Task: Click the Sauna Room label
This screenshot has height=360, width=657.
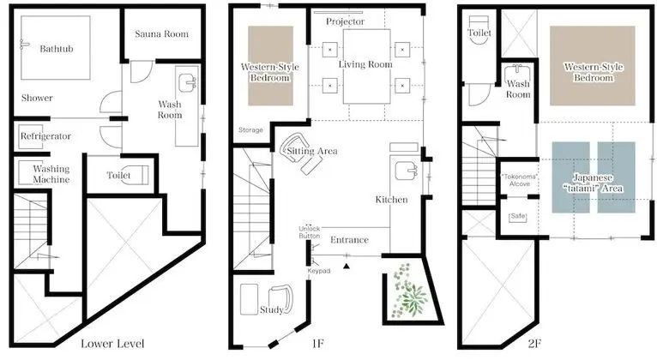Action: pyautogui.click(x=162, y=34)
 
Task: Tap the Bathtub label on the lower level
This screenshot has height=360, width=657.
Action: pyautogui.click(x=57, y=49)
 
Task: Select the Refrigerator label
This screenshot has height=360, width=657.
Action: pyautogui.click(x=45, y=136)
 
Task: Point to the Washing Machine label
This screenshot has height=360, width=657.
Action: pyautogui.click(x=51, y=174)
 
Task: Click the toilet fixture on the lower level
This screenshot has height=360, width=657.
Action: pyautogui.click(x=138, y=175)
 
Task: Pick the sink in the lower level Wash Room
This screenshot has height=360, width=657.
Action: pyautogui.click(x=187, y=83)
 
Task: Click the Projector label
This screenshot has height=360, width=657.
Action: pyautogui.click(x=346, y=21)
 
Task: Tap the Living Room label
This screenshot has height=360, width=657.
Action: pyautogui.click(x=365, y=64)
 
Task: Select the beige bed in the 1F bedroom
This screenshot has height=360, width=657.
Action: pyautogui.click(x=271, y=66)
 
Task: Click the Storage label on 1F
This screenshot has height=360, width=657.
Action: pyautogui.click(x=251, y=130)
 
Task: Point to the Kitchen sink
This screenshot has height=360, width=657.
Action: pyautogui.click(x=405, y=171)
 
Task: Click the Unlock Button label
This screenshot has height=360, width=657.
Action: pyautogui.click(x=310, y=232)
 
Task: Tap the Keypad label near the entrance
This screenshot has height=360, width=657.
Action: pyautogui.click(x=319, y=271)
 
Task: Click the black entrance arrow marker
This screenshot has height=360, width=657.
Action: pyautogui.click(x=347, y=266)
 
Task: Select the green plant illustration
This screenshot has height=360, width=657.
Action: pyautogui.click(x=408, y=290)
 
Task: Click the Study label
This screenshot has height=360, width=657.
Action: pyautogui.click(x=272, y=309)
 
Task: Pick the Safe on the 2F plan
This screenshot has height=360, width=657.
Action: pyautogui.click(x=518, y=216)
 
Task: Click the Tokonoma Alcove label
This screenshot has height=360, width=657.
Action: pyautogui.click(x=520, y=180)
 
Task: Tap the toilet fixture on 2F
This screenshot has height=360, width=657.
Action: pyautogui.click(x=479, y=30)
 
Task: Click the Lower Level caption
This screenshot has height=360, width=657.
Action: pyautogui.click(x=112, y=344)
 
